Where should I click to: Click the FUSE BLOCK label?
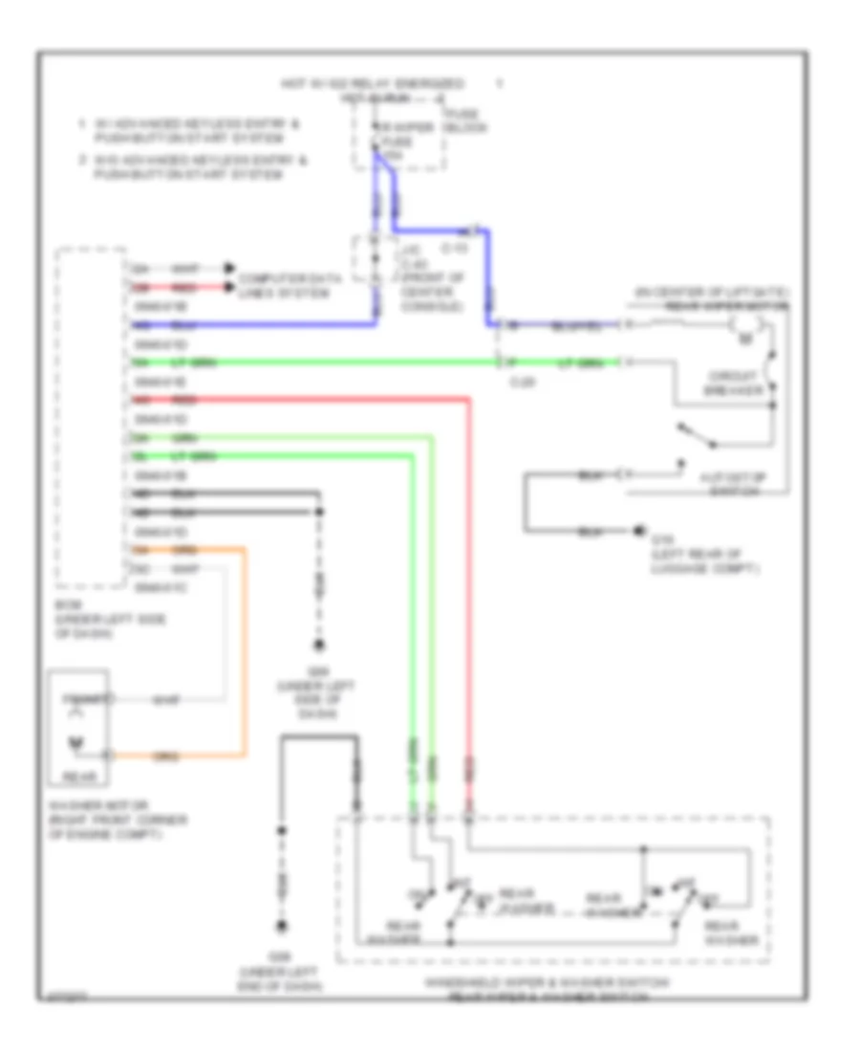466,121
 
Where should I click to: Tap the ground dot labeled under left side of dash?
319,646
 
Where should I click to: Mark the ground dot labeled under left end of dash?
282,927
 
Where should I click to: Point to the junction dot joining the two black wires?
319,513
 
